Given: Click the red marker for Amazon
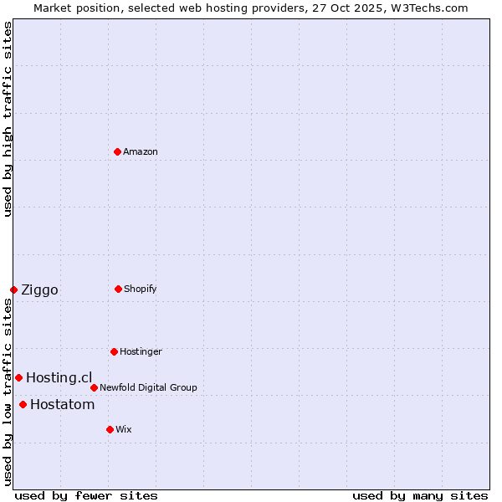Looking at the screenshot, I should click(118, 151).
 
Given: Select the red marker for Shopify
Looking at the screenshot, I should click(118, 289).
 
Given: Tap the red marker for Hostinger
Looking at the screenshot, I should click(114, 351).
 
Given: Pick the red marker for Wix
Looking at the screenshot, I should click(110, 429).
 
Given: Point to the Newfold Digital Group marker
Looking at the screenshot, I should click(94, 387).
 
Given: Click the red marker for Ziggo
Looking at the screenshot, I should click(13, 289).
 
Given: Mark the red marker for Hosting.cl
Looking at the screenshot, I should click(18, 377).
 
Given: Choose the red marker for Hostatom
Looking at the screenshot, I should click(23, 405).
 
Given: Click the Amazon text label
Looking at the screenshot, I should click(141, 151).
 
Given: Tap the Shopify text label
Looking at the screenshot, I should click(141, 289).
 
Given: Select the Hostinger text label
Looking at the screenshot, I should click(141, 351).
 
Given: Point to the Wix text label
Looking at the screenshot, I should click(124, 429).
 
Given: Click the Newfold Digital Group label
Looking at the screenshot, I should click(148, 387).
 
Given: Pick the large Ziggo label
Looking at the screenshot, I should click(39, 290).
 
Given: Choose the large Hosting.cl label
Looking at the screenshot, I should click(59, 378).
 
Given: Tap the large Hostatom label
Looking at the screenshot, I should click(62, 405).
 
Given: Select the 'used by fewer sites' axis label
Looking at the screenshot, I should click(86, 495).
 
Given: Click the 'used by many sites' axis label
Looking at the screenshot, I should click(420, 495).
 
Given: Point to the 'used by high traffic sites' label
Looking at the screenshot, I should click(8, 119).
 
